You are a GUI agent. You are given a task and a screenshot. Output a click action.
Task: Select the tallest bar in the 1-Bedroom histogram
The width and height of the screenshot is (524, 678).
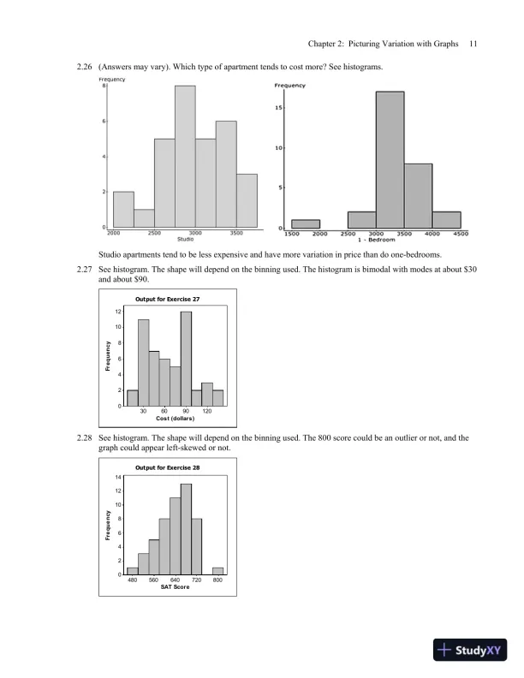[x=390, y=159]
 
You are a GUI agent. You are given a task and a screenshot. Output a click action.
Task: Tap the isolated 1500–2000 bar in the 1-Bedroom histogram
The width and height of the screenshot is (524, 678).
[x=306, y=223]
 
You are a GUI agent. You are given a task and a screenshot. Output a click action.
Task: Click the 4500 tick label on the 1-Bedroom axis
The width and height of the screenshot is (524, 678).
[x=460, y=234]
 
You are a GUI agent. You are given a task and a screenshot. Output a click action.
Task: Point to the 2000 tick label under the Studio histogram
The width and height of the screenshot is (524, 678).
[x=114, y=232]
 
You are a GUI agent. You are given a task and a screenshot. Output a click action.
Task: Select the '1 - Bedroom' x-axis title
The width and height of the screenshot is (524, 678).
[x=376, y=241]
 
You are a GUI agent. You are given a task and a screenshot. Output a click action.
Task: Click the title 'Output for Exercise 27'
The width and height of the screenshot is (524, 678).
[x=168, y=299]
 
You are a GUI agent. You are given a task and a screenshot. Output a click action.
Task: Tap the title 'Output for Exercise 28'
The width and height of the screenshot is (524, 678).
[x=168, y=467]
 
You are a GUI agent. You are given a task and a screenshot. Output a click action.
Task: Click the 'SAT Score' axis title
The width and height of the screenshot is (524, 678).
[x=175, y=586]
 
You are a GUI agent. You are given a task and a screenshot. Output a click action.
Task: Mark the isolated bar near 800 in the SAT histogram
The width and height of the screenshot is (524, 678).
[x=218, y=571]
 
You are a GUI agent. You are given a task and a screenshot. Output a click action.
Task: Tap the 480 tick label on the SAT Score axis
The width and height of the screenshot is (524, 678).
[x=132, y=580]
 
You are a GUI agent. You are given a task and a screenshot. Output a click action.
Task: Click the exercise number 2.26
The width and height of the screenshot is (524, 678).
[x=86, y=67]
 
